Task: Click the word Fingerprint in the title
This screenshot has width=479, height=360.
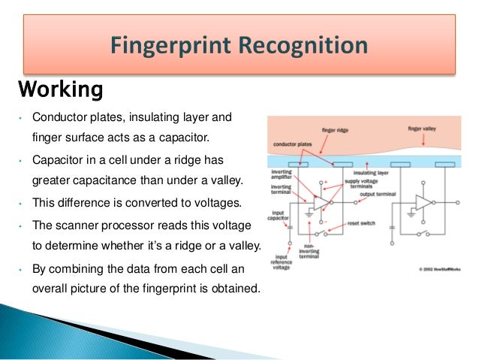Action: [172, 47]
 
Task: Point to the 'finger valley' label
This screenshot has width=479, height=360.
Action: [423, 129]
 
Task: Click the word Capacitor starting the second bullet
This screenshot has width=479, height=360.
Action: [58, 160]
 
